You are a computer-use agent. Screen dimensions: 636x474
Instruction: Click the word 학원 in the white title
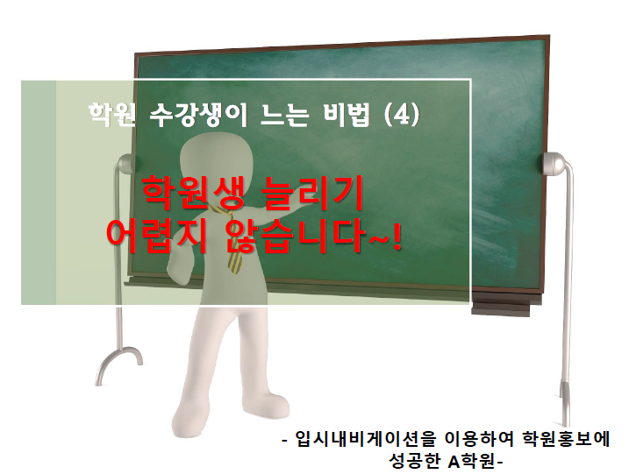(x=112, y=115)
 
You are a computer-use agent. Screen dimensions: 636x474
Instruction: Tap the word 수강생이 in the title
(x=198, y=115)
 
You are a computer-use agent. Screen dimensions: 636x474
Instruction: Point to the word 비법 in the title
(x=347, y=115)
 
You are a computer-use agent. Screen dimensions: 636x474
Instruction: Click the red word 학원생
(x=193, y=193)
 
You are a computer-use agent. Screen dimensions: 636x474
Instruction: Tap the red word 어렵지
(x=157, y=236)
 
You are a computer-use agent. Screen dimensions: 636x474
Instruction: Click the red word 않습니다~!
(x=313, y=236)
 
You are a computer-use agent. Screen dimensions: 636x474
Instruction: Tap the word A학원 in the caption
(x=473, y=461)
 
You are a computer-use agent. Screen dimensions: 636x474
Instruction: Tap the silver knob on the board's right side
(x=555, y=164)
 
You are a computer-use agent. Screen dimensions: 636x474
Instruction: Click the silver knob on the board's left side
(x=125, y=164)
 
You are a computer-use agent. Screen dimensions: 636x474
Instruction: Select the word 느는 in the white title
(x=285, y=115)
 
